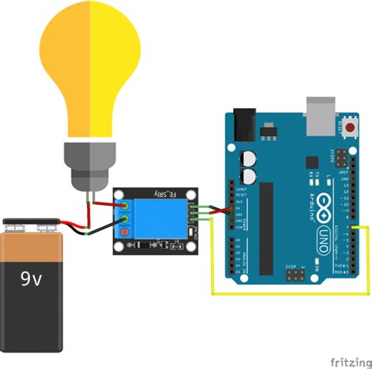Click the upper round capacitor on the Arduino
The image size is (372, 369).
coord(250,158)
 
